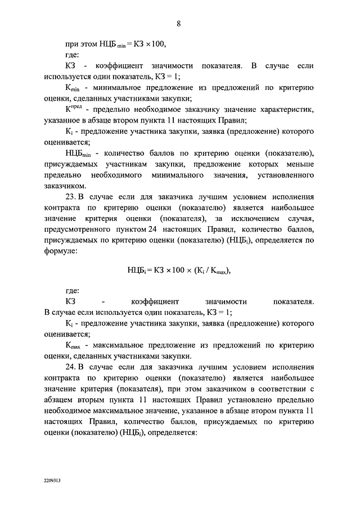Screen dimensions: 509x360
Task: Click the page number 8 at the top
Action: [178, 23]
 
